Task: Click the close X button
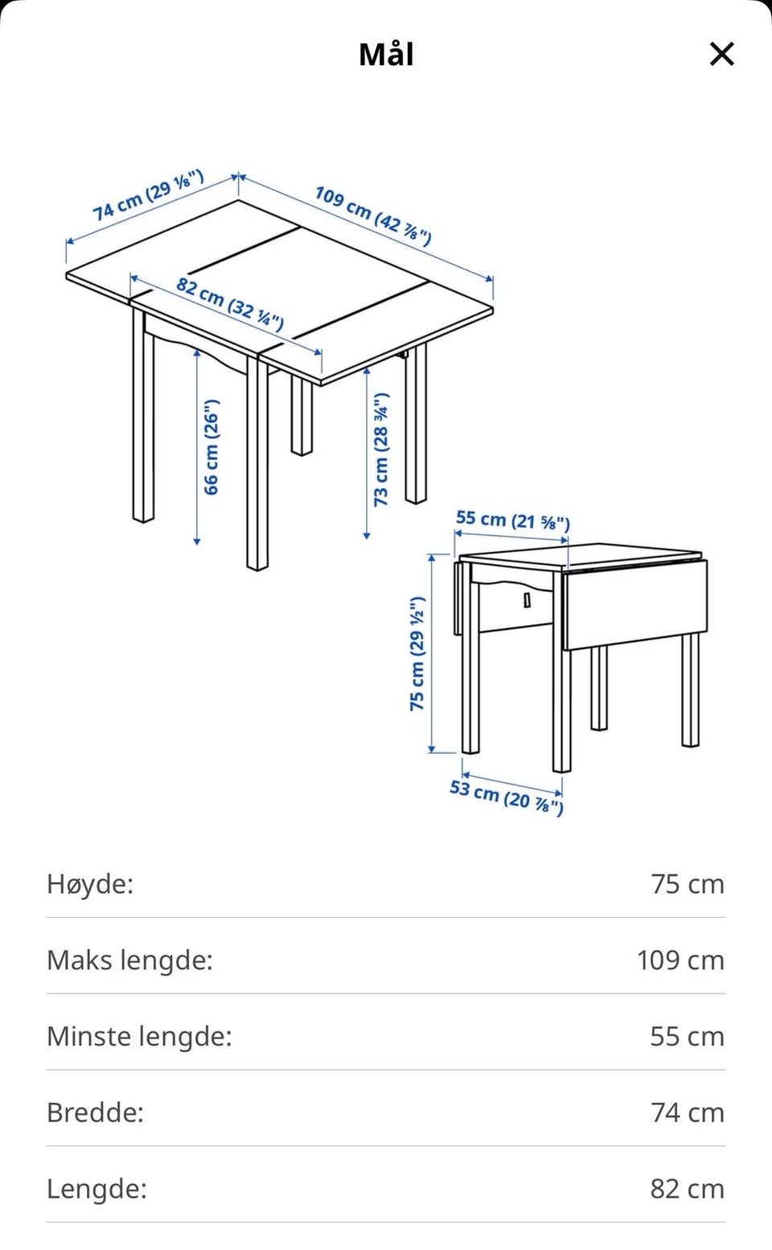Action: coord(722,54)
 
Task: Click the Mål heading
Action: coord(386,54)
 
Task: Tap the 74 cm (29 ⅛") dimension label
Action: coord(148,195)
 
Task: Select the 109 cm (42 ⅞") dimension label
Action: coord(373,216)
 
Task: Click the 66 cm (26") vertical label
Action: coord(211,447)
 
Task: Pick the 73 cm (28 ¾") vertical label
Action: coord(381,450)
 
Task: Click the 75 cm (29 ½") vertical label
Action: coord(417,653)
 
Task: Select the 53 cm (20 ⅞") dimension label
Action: coord(506,797)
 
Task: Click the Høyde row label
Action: coord(90,885)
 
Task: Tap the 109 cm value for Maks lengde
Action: coord(680,960)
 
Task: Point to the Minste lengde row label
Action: coord(139,1036)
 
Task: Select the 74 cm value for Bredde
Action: coord(688,1112)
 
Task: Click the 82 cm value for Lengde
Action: coord(688,1189)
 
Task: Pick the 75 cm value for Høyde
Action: coord(688,885)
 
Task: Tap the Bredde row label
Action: coord(96,1112)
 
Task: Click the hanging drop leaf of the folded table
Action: coord(634,604)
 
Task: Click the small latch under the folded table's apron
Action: coord(527,600)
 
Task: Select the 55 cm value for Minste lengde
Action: coord(688,1037)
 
